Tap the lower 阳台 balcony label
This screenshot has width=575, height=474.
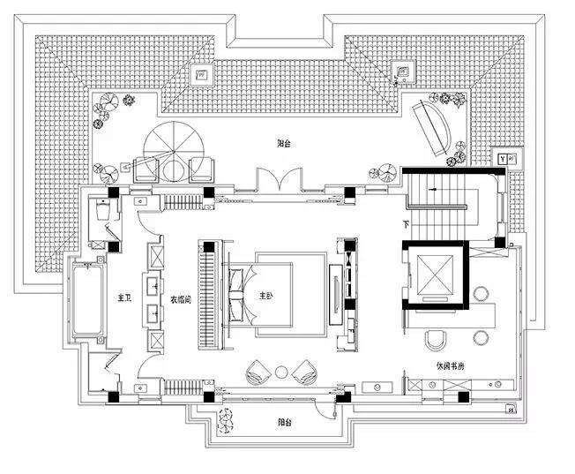pyautogui.click(x=282, y=422)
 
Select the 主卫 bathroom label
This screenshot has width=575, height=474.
pyautogui.click(x=123, y=298)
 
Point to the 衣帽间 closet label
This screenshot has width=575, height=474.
pyautogui.click(x=181, y=298)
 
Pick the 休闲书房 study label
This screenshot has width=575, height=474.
pyautogui.click(x=450, y=364)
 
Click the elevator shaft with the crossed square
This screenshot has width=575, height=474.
pyautogui.click(x=434, y=272)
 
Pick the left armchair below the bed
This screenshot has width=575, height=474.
pyautogui.click(x=258, y=371)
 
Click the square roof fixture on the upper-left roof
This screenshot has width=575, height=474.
pyautogui.click(x=203, y=73)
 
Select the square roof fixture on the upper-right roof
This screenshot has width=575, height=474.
pyautogui.click(x=407, y=69)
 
